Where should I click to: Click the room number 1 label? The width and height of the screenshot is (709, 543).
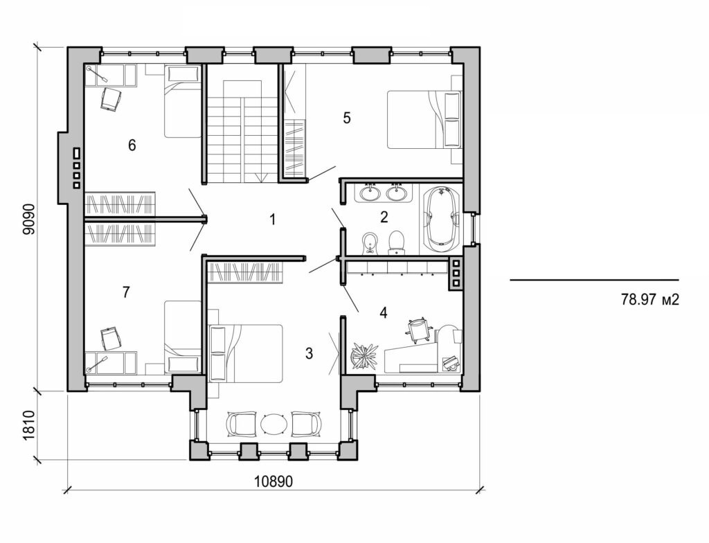pos(273,220)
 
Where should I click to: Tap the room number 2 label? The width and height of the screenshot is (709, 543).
pos(384,217)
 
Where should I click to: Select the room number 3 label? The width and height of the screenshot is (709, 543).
pos(309,354)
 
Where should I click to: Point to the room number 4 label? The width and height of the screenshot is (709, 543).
pos(383,312)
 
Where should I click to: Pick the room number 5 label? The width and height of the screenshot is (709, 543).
pos(347,118)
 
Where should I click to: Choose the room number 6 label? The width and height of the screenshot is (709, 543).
pos(132,145)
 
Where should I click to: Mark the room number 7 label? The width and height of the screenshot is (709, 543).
pos(125,292)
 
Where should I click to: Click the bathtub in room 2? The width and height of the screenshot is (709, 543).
pos(441,218)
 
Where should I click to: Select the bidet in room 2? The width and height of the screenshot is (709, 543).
pos(370,243)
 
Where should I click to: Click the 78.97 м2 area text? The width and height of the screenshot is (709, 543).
pos(647,300)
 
